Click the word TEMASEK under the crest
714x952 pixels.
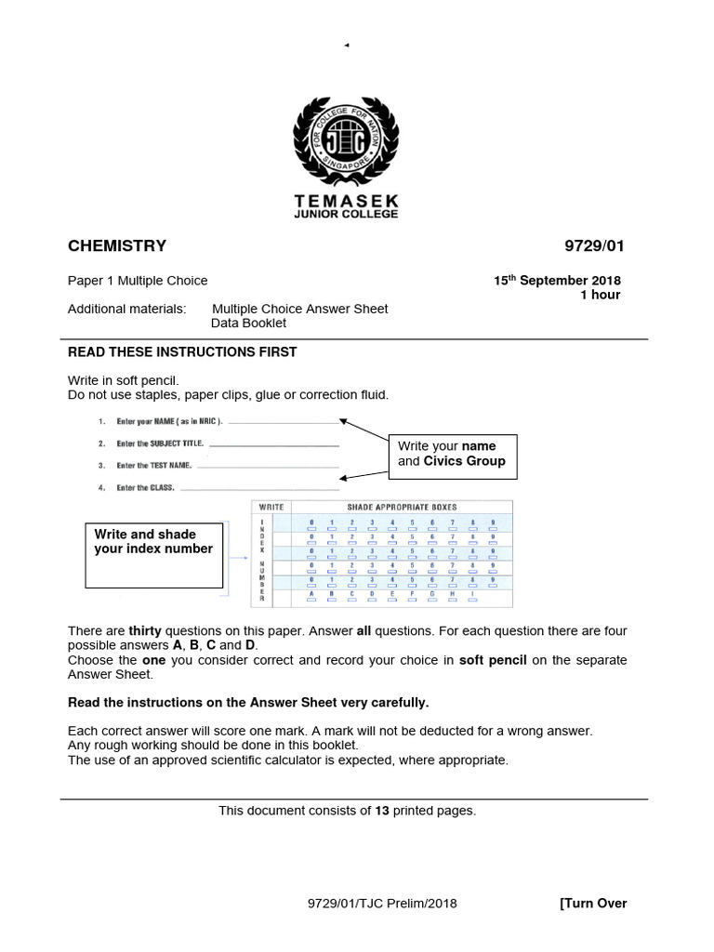346,202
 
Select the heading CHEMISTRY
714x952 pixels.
117,246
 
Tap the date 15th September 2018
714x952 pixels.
557,281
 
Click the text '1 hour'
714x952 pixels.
600,295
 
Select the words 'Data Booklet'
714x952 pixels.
249,324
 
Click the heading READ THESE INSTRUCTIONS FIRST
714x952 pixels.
182,352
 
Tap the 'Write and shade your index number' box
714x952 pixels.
154,556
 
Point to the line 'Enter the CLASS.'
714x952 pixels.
146,487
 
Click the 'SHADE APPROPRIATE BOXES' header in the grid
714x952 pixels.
402,507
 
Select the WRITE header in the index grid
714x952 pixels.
271,507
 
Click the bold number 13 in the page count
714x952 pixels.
381,811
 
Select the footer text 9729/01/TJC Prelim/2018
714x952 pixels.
382,904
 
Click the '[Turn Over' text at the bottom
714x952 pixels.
593,904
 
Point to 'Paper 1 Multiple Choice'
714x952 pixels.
138,281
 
